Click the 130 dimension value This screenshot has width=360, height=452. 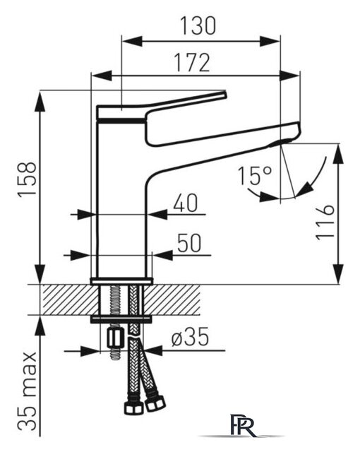pos(198,25)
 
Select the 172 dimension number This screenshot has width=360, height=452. pos(193,63)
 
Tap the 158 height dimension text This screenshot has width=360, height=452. pos(28,179)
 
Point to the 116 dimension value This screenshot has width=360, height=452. pos(325,222)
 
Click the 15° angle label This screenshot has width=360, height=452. pos(255,175)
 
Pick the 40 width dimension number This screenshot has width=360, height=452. pos(186,203)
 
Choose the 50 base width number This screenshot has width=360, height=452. pos(189,243)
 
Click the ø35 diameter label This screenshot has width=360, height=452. pos(190,337)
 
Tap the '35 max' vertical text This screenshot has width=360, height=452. pos(28,392)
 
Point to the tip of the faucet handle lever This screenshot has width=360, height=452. pos(225,94)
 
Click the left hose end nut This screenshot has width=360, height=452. pos(134,408)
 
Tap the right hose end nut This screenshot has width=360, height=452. pos(155,403)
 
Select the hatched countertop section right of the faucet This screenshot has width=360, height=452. pos(172,299)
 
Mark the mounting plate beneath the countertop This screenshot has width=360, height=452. pos(121,319)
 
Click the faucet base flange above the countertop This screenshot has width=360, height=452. pos(121,281)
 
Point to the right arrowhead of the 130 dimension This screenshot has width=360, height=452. pos(270,41)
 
